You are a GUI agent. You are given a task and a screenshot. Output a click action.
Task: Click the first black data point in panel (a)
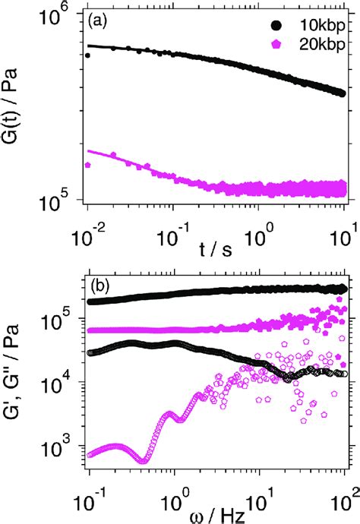pos(88,55)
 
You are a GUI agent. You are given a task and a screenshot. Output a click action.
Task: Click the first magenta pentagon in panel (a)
pos(88,164)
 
